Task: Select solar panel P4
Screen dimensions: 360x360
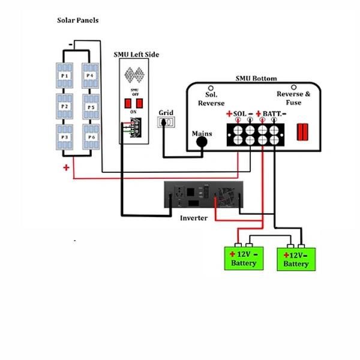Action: [x=89, y=76]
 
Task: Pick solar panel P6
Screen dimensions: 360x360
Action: [x=89, y=137]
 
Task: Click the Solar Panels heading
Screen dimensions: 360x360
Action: [x=77, y=20]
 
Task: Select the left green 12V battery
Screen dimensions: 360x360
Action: [x=243, y=259]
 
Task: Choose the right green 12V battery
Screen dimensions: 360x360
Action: [x=296, y=260]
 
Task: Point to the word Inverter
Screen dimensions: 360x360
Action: [x=194, y=218]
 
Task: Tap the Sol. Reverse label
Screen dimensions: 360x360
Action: [x=211, y=99]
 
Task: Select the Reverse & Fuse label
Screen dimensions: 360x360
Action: [x=293, y=98]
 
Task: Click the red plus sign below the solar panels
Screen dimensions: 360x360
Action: [x=66, y=167]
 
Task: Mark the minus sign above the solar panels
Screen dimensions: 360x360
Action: [x=71, y=44]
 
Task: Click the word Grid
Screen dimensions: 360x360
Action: [x=166, y=112]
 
